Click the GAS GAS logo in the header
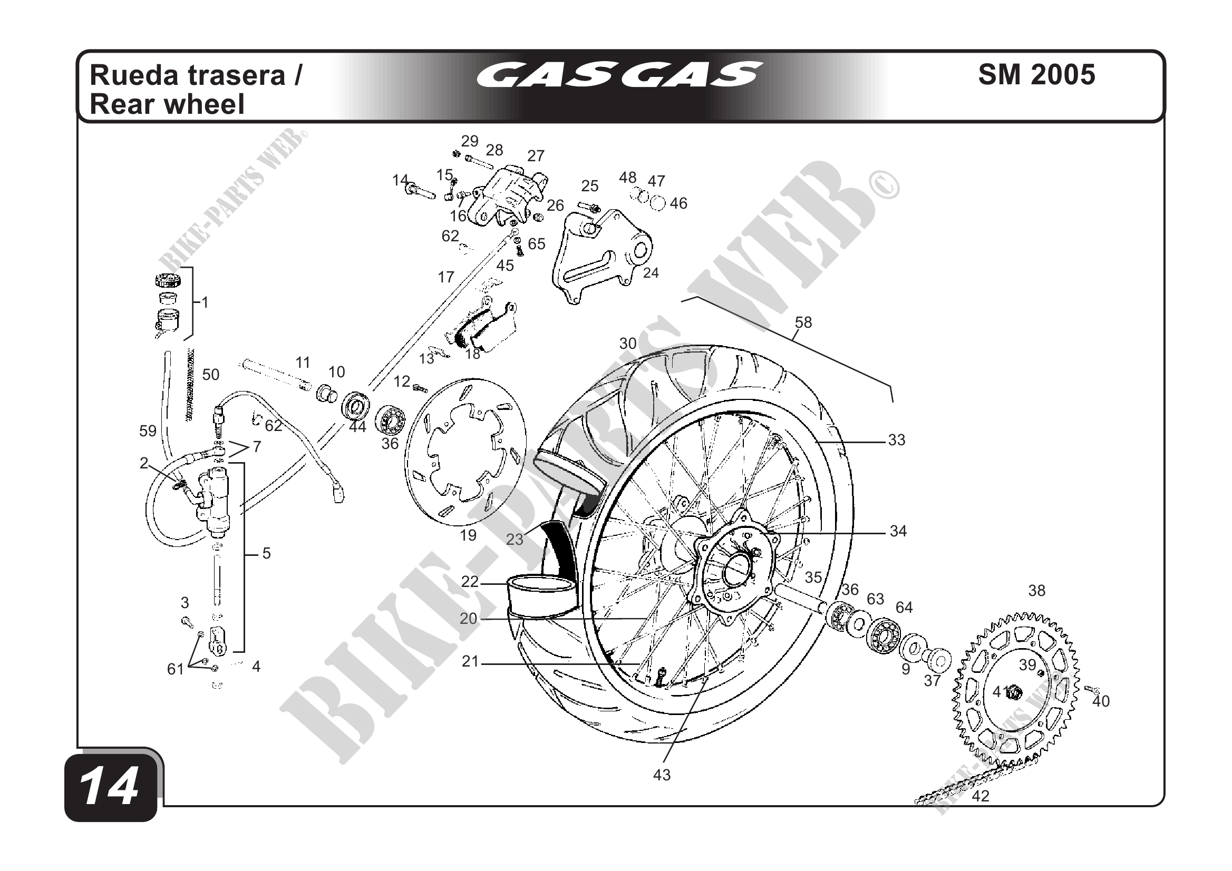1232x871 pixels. pos(619,74)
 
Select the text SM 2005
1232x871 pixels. pos(1036,74)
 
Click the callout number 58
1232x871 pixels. pos(803,322)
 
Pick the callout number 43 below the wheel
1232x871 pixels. pos(662,775)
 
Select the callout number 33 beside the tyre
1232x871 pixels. pos(897,440)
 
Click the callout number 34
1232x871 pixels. pos(898,531)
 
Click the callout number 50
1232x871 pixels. pos(211,374)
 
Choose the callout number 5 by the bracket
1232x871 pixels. pos(267,553)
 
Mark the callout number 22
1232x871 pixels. pos(470,582)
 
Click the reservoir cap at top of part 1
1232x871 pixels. pos(168,280)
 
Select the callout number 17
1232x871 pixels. pos(446,277)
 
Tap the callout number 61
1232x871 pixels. pos(176,669)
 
